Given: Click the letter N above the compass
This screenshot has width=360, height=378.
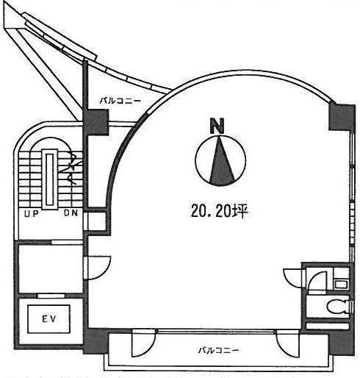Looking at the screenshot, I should [x=217, y=125].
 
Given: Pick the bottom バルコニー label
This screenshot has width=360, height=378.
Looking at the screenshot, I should [x=218, y=350].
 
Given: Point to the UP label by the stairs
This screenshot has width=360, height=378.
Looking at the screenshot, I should [x=30, y=214].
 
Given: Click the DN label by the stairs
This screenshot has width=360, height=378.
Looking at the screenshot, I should [x=71, y=214].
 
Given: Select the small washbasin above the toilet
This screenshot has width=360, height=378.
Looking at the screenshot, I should [x=339, y=283].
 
